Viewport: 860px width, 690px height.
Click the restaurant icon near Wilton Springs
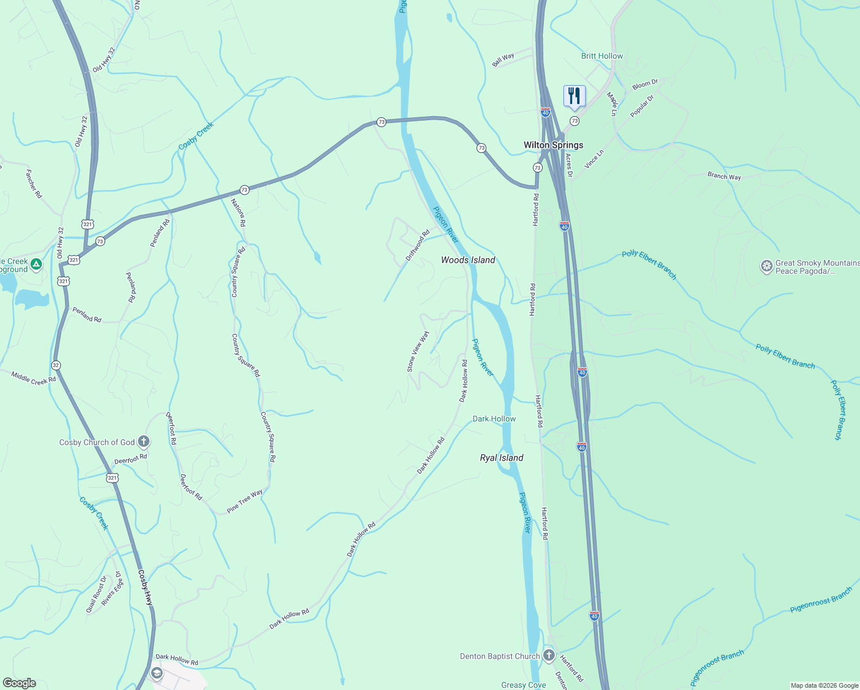(x=574, y=95)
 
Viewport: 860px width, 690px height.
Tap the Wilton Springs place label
(x=553, y=145)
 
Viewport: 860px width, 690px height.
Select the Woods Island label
(x=468, y=260)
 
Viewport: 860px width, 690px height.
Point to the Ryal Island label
(x=501, y=458)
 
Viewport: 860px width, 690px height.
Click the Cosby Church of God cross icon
(x=144, y=442)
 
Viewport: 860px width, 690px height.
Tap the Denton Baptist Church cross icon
(x=549, y=655)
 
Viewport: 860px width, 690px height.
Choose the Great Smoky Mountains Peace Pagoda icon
(x=766, y=266)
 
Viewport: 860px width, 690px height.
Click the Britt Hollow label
(x=602, y=56)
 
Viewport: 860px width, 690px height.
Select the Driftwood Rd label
(x=417, y=246)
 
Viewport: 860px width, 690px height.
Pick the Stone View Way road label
(x=418, y=351)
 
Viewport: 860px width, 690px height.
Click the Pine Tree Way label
(x=245, y=500)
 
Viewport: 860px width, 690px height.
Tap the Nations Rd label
(x=238, y=212)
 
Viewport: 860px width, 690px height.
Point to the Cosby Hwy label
(x=145, y=588)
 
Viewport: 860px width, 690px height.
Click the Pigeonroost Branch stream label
(x=821, y=600)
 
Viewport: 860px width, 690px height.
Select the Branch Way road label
(x=724, y=177)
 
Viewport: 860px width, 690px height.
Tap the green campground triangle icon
(x=36, y=264)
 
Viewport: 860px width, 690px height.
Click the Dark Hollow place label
(x=494, y=419)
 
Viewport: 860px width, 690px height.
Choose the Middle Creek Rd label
(x=34, y=378)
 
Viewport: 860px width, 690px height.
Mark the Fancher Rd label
(x=34, y=183)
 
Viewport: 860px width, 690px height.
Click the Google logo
(x=20, y=683)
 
